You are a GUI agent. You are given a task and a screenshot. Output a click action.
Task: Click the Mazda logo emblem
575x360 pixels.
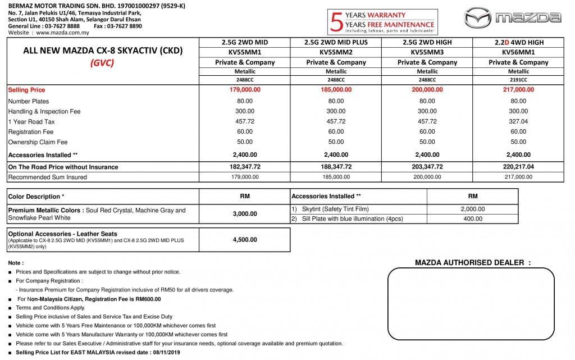[x=478, y=17]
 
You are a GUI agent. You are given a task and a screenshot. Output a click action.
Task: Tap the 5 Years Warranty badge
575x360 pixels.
[x=382, y=22]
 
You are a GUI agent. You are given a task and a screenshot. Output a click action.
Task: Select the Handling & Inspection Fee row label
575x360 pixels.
[x=44, y=111]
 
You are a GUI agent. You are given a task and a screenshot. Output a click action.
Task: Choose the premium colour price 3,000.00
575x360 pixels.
[x=245, y=214]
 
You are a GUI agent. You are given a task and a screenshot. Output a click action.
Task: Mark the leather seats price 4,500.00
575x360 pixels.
[x=245, y=240]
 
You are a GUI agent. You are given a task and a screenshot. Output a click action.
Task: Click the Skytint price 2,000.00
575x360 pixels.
[x=472, y=209]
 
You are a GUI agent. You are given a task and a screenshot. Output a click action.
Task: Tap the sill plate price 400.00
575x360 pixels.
[x=472, y=218]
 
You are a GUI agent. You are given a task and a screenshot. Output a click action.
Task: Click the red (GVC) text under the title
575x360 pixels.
[x=103, y=62]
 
